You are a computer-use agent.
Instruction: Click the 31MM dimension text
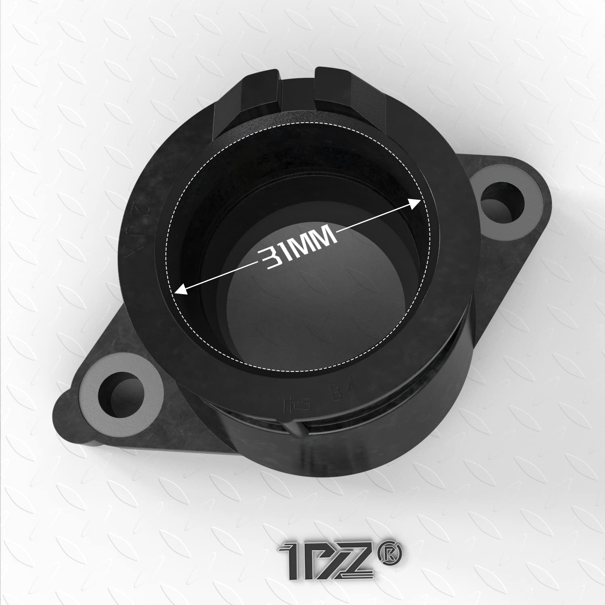click(x=298, y=247)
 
